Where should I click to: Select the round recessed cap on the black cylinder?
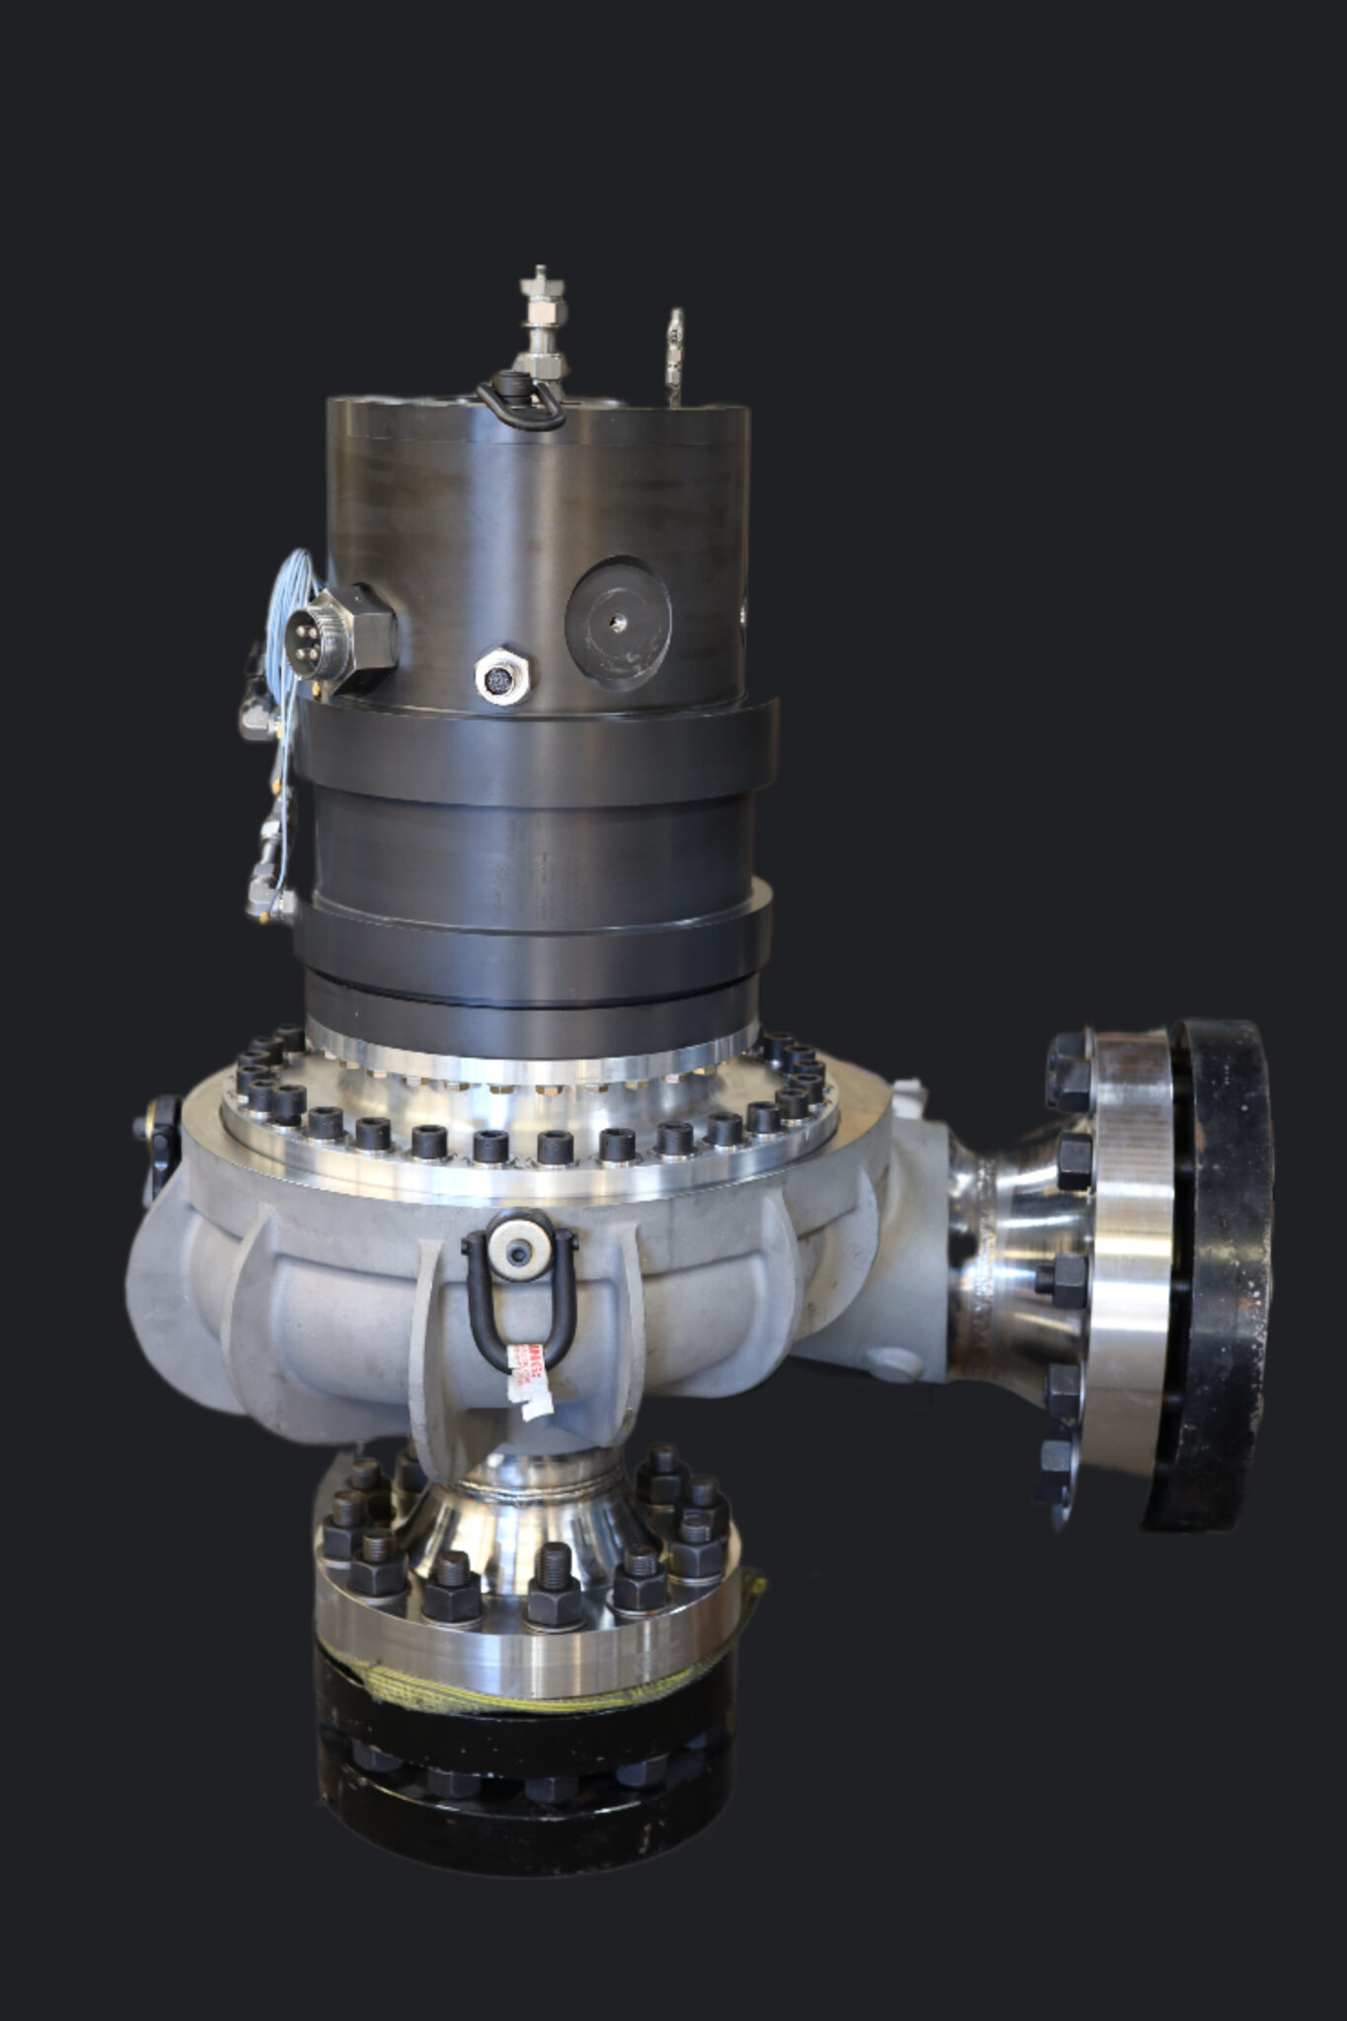click(x=619, y=622)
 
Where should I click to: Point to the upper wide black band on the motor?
click(x=533, y=750)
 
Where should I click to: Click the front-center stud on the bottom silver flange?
click(x=553, y=1589)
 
